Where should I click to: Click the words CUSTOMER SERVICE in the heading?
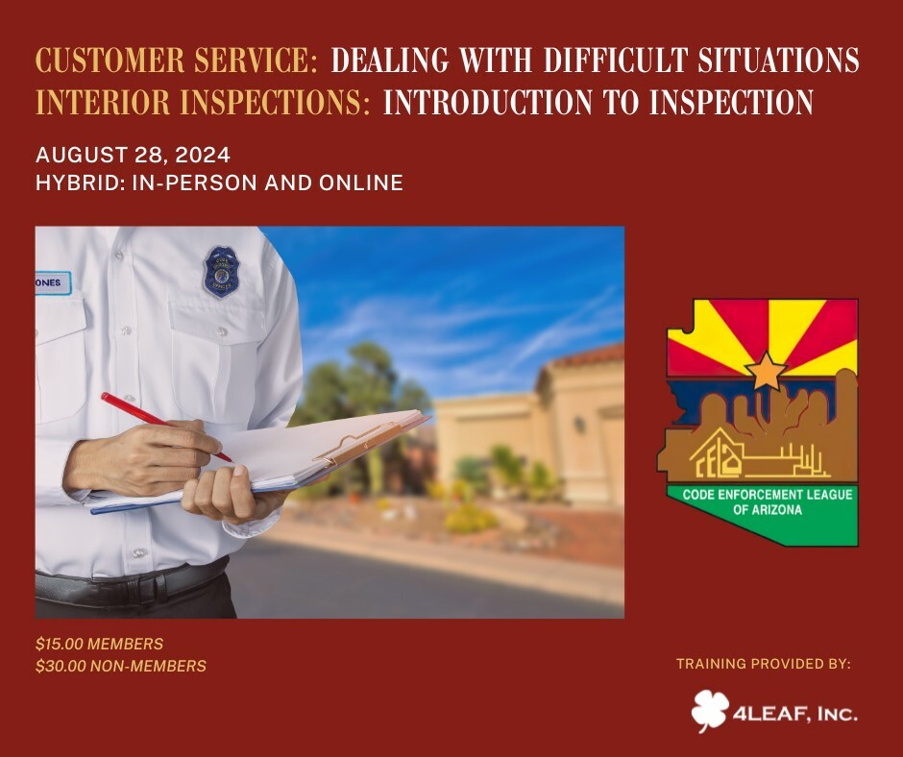coord(177,60)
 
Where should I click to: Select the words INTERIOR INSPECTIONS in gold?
coord(203,102)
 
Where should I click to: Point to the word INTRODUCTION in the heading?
coord(488,102)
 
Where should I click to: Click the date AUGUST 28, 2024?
coord(133,155)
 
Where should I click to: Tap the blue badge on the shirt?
coord(222,272)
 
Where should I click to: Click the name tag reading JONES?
coord(53,282)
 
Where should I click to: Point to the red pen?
coord(166,427)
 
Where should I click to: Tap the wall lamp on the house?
coord(579,425)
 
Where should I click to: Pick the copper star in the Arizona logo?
coord(766,371)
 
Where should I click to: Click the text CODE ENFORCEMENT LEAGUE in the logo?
coord(768,495)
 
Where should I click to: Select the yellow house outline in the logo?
coord(717,455)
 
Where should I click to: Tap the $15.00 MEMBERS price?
coord(99,644)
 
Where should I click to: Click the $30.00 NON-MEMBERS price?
coord(121,666)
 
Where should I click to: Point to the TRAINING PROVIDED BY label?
coord(764,664)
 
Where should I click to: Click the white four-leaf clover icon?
coord(710,711)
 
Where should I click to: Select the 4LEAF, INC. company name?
coord(795,715)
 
